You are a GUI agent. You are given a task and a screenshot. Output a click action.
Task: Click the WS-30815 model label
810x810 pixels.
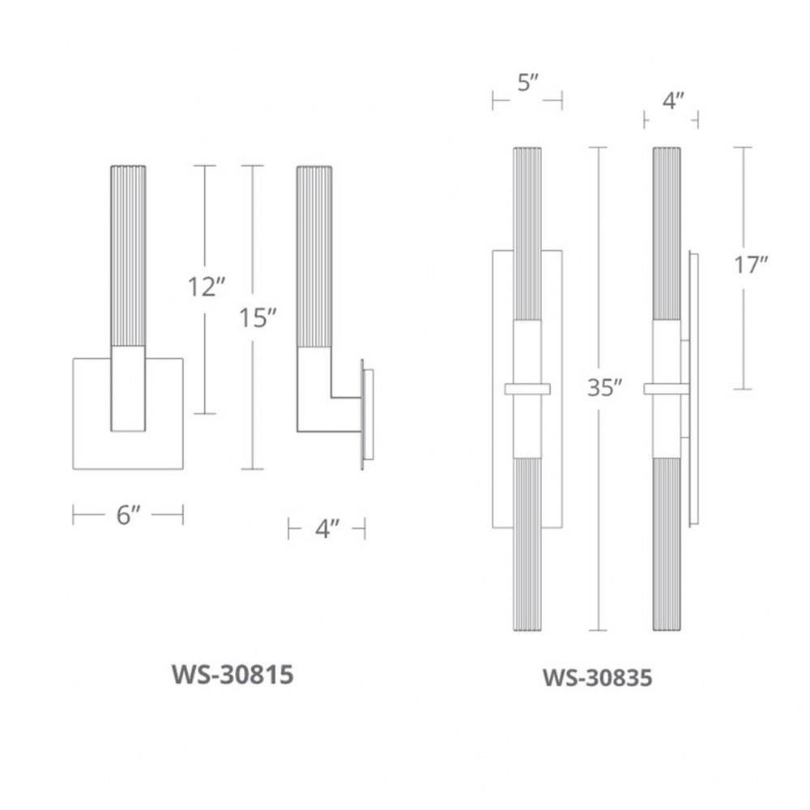click(x=232, y=675)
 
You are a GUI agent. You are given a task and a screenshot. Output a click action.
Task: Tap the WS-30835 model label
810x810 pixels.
click(x=597, y=678)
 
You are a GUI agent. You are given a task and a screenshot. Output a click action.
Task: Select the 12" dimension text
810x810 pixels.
click(x=207, y=287)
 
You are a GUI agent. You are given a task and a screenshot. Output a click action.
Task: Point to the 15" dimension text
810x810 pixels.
click(x=258, y=318)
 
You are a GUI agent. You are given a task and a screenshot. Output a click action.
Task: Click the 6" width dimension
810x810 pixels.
click(x=128, y=514)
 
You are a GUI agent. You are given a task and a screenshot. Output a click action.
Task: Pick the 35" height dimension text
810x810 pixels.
click(x=604, y=387)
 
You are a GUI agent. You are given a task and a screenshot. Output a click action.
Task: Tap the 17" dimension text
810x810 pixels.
click(x=751, y=265)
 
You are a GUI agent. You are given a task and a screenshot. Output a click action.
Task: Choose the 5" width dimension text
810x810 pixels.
click(x=527, y=83)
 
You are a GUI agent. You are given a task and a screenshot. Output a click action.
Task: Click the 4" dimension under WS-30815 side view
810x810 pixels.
click(x=327, y=529)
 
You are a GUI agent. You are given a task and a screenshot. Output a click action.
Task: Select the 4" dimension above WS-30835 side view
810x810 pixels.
click(x=673, y=100)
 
